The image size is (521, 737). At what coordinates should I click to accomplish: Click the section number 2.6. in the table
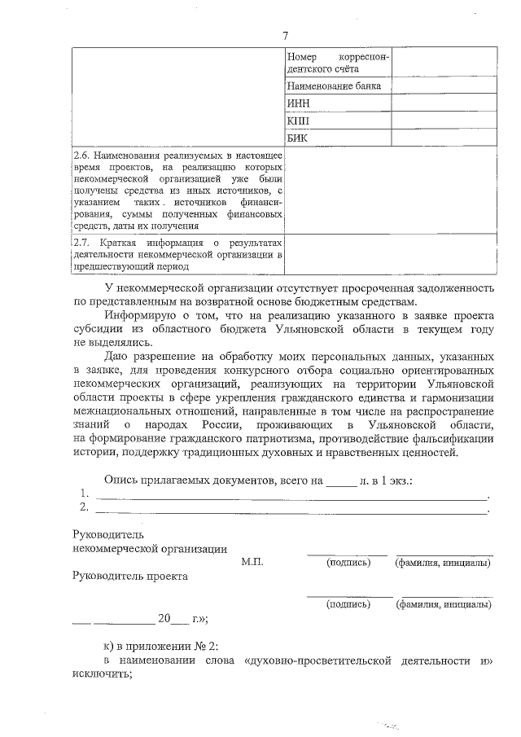[81, 154]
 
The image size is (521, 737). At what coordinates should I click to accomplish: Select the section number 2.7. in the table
[81, 243]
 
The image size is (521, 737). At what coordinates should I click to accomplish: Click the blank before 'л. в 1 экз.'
[341, 482]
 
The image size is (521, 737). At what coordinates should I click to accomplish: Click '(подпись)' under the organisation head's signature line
[346, 563]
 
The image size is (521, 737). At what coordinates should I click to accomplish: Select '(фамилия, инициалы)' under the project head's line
[443, 605]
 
